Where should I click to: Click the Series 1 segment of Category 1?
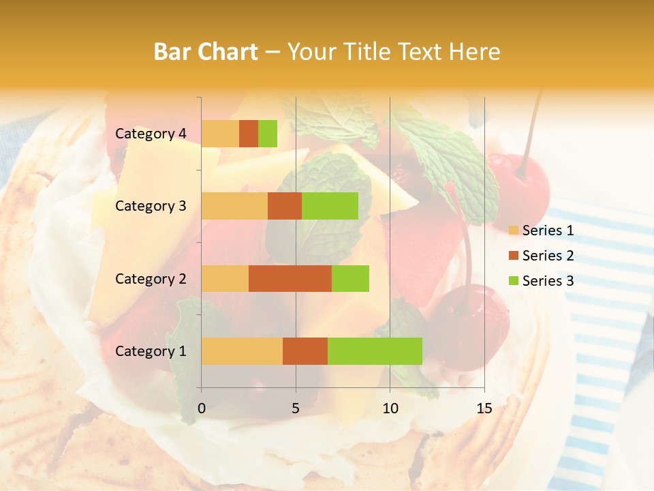[x=242, y=351]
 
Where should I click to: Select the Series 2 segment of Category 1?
[x=305, y=351]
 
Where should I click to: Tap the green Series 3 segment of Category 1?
[x=375, y=351]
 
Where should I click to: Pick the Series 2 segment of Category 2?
[x=290, y=278]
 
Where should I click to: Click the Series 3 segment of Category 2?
[x=350, y=278]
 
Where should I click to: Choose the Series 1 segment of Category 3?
[x=234, y=206]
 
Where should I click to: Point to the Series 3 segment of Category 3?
[x=330, y=206]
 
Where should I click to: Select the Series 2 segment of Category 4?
[x=249, y=134]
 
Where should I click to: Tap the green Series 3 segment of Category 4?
[x=268, y=134]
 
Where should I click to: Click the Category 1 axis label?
[x=151, y=351]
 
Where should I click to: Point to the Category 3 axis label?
[x=151, y=206]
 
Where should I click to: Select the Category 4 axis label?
[x=151, y=134]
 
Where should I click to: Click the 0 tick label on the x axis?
[x=202, y=408]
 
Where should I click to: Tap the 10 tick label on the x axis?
[x=390, y=408]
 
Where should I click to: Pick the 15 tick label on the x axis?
[x=484, y=408]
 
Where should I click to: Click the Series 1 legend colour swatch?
[x=514, y=230]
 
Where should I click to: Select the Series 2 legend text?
[x=548, y=256]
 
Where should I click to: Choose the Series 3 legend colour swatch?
[x=514, y=281]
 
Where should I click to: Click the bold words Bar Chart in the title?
[x=206, y=52]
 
